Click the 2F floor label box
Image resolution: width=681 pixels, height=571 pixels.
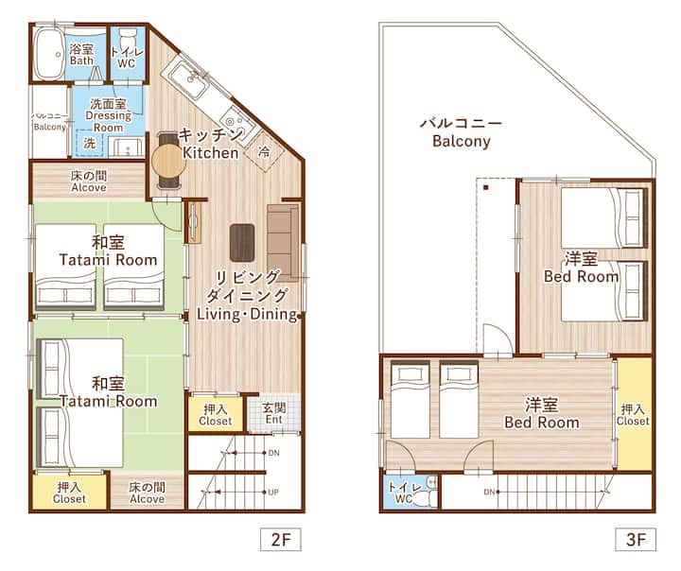click(x=281, y=539)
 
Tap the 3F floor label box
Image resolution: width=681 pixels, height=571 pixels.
click(x=636, y=539)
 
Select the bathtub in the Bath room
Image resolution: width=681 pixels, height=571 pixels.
click(x=49, y=53)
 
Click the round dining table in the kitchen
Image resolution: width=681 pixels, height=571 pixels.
click(x=169, y=160)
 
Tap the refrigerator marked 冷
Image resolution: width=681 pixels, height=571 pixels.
click(x=264, y=150)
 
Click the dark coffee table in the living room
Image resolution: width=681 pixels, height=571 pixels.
click(x=242, y=243)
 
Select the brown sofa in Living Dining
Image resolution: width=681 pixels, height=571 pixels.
click(x=283, y=242)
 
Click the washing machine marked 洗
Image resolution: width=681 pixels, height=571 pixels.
click(x=90, y=143)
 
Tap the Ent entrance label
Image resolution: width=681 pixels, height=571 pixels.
click(x=274, y=420)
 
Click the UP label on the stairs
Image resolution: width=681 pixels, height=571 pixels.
click(x=273, y=493)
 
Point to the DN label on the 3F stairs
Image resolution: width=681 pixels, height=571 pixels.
click(x=489, y=492)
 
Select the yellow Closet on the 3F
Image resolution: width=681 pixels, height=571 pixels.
click(x=633, y=415)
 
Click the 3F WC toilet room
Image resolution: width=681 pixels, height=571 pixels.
click(x=410, y=493)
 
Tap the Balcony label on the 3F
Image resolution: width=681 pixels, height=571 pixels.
click(x=462, y=141)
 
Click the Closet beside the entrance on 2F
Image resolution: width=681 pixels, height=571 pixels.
click(x=216, y=415)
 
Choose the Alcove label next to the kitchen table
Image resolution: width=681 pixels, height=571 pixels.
click(x=89, y=187)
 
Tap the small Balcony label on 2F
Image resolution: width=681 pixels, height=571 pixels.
click(x=50, y=127)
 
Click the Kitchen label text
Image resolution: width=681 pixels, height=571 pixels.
click(x=210, y=153)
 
